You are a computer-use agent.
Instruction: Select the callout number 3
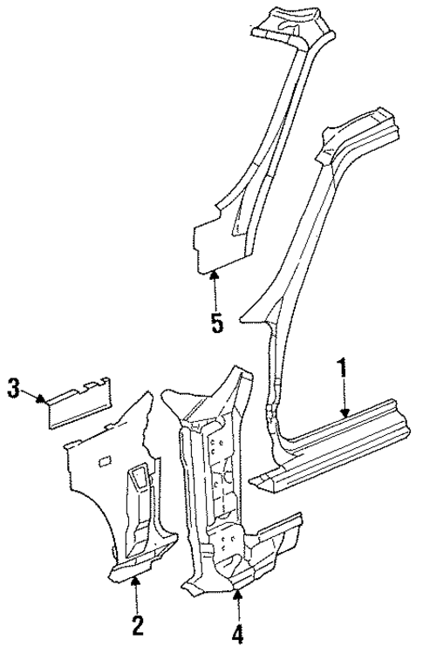(x=12, y=388)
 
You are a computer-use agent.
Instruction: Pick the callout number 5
(x=215, y=323)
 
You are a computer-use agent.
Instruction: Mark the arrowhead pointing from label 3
(x=43, y=399)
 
